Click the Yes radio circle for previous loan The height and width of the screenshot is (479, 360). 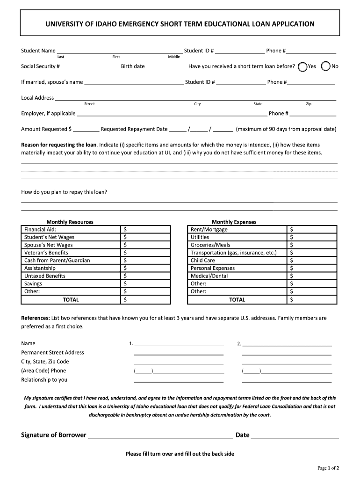(302, 66)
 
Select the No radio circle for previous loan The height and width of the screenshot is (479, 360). (326, 66)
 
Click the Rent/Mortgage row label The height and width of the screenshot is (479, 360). (209, 230)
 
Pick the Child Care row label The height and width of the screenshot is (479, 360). (203, 261)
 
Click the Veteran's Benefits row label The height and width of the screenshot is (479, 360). (46, 253)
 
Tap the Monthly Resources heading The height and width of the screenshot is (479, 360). (70, 222)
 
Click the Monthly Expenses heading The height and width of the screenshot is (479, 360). (234, 222)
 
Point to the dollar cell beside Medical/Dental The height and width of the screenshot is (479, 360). (311, 276)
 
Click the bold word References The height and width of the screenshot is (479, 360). (36, 318)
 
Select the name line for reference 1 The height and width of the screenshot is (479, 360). (179, 345)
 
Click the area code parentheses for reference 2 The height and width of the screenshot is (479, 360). (252, 371)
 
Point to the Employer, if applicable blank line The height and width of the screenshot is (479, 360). (172, 114)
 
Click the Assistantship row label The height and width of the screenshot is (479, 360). (40, 268)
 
